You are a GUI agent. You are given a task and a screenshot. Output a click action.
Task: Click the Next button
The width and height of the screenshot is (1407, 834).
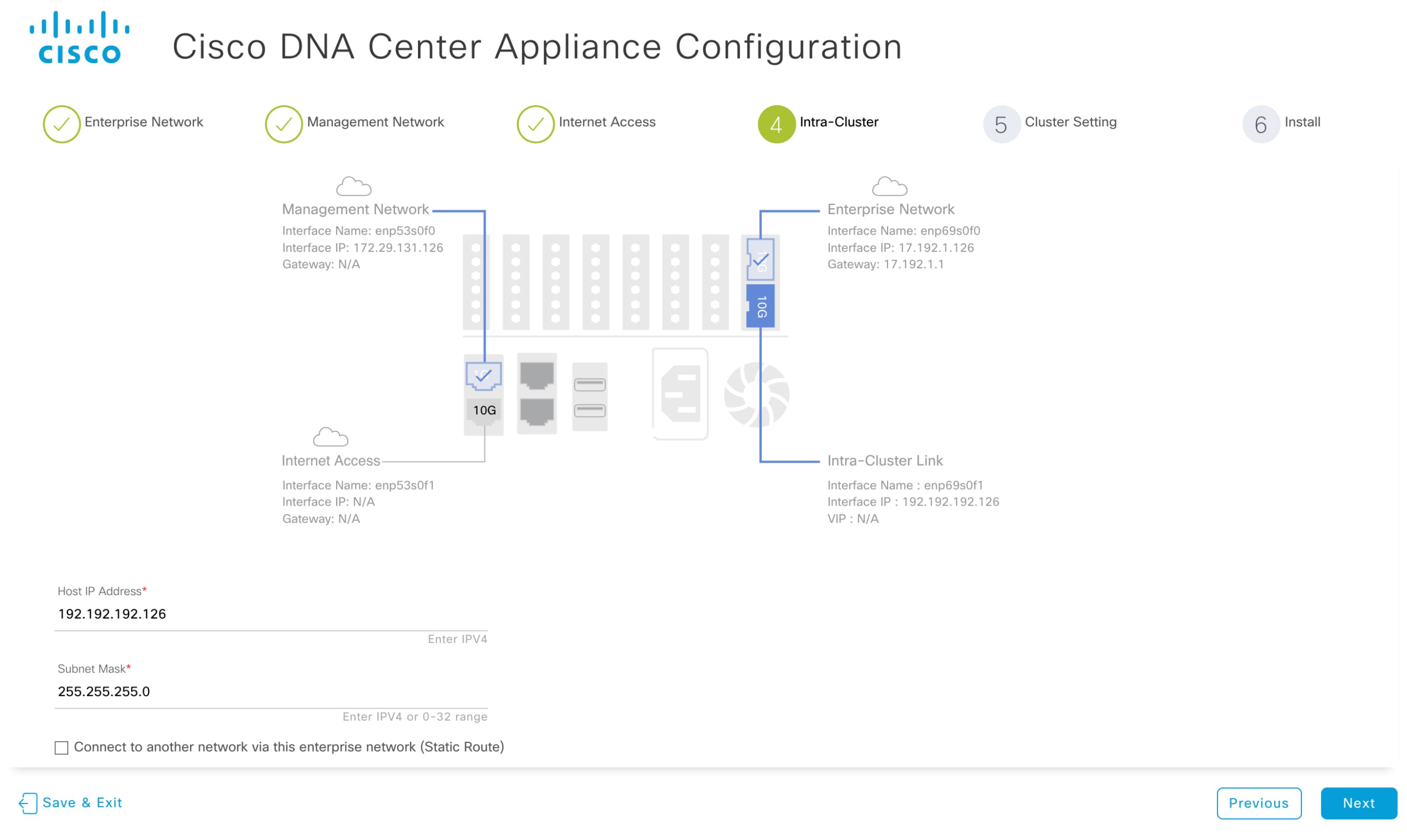click(1358, 802)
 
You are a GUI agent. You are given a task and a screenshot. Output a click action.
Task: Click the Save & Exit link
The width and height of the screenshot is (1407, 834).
click(71, 802)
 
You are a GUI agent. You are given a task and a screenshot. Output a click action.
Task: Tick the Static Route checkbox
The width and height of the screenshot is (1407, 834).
click(61, 747)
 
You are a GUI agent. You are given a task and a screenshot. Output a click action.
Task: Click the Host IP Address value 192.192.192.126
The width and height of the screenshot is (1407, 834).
click(112, 613)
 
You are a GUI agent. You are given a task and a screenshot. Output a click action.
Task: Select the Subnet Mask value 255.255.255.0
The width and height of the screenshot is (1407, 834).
click(104, 691)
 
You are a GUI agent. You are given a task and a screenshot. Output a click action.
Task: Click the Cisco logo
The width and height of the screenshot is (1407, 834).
click(79, 38)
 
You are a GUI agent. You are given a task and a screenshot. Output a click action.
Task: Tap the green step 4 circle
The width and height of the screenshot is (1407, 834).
click(776, 124)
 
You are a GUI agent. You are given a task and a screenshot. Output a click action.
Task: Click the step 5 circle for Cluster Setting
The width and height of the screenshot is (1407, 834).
click(1000, 124)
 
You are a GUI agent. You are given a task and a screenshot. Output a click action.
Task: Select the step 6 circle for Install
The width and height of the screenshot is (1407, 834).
click(1260, 124)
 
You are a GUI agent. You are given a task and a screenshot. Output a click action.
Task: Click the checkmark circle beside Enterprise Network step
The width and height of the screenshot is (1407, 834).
click(61, 124)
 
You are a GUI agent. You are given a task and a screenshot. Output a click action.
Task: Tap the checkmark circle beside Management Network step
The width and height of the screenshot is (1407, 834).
click(284, 124)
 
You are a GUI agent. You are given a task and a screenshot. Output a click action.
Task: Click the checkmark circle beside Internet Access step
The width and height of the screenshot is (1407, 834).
click(535, 124)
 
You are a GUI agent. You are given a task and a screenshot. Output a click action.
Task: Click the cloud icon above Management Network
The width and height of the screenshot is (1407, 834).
click(353, 186)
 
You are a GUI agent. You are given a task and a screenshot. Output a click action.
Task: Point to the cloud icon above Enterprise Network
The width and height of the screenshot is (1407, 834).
click(889, 186)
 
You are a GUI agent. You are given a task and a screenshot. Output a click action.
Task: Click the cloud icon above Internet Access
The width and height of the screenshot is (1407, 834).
click(330, 437)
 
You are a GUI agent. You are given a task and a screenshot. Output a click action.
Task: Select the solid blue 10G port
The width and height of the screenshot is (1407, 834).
click(760, 306)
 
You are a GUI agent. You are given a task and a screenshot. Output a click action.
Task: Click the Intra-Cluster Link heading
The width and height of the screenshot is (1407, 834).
click(884, 461)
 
